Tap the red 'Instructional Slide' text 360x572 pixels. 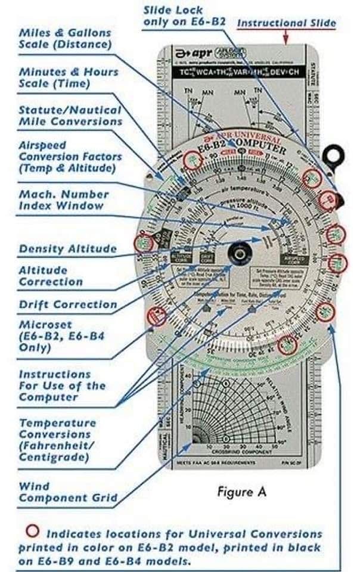[x=286, y=23]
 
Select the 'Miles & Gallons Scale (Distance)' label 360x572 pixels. [x=65, y=38]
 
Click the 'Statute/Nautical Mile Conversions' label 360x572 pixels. [x=70, y=116]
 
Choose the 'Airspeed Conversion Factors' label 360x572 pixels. [x=70, y=157]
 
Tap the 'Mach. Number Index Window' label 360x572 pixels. [x=64, y=200]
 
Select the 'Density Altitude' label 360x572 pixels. [x=67, y=248]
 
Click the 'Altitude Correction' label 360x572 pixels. [x=50, y=276]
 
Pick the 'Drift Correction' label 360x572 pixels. [x=67, y=304]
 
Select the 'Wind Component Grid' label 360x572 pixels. [x=67, y=492]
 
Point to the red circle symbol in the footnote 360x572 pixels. [x=34, y=531]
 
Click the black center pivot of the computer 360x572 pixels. [x=239, y=255]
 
